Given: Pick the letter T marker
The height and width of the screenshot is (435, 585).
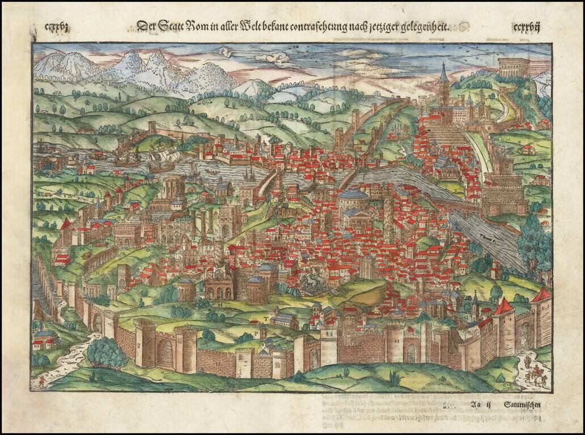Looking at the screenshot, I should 264,320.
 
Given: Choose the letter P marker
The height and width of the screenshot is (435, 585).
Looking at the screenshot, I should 261,334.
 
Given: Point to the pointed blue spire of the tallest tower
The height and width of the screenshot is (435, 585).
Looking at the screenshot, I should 444,74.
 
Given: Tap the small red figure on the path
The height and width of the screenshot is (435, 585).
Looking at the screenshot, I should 41,381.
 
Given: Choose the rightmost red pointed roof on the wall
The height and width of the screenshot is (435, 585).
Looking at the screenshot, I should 542,295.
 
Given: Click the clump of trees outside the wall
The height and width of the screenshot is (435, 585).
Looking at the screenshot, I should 106,352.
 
